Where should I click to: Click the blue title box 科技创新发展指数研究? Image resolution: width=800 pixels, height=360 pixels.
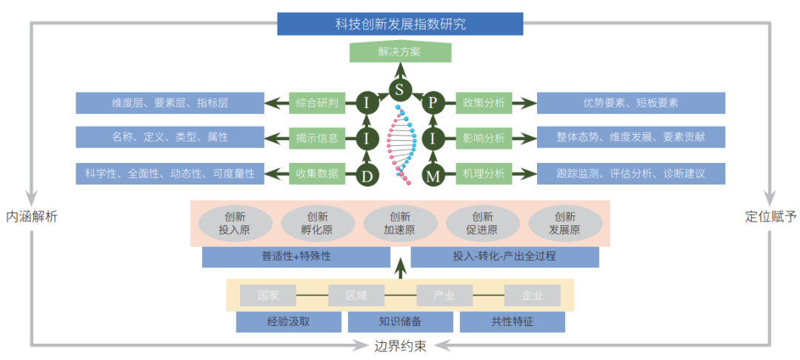(x=400, y=24)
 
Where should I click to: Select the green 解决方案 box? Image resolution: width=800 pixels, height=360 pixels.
(x=400, y=53)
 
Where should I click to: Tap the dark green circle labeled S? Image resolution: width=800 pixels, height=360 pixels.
(x=400, y=90)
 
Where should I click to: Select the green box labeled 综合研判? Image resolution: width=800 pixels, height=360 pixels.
(x=317, y=104)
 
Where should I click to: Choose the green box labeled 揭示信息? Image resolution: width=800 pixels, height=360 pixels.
(x=317, y=137)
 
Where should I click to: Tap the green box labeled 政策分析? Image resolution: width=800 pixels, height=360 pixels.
(x=484, y=104)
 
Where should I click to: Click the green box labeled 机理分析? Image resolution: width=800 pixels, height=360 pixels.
(x=484, y=174)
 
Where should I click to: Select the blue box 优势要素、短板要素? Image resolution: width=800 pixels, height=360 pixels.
(x=630, y=104)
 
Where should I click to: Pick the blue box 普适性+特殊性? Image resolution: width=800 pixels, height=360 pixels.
(x=296, y=257)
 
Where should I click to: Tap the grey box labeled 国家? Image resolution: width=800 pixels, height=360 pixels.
(x=268, y=296)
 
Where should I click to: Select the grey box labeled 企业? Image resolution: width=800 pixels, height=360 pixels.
(x=532, y=296)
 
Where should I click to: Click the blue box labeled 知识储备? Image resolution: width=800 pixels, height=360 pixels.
(x=400, y=322)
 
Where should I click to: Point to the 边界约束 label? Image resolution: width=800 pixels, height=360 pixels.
(x=400, y=346)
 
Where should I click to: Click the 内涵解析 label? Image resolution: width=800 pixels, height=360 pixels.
(x=31, y=217)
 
